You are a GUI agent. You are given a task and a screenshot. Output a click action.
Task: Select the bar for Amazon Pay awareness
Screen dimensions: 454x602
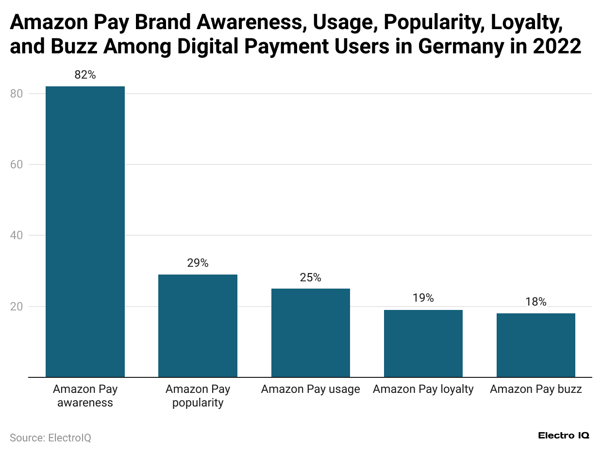85,231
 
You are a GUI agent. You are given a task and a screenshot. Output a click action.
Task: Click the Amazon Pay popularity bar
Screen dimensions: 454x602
198,325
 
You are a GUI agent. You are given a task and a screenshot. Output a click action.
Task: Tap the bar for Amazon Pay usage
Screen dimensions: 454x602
310,333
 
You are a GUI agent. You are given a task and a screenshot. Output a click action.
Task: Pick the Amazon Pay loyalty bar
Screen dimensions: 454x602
423,343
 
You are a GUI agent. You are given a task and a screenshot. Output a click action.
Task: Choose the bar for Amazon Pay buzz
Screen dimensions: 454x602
535,345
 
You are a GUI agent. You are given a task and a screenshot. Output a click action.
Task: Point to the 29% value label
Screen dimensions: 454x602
198,263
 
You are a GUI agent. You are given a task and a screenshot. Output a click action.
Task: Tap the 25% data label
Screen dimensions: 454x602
310,277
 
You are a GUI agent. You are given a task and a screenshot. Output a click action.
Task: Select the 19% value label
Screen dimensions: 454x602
423,298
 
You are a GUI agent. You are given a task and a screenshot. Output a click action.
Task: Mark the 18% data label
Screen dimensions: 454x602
535,302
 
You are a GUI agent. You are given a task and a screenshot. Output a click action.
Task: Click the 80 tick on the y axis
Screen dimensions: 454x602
17,94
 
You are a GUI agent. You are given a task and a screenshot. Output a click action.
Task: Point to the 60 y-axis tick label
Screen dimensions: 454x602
17,164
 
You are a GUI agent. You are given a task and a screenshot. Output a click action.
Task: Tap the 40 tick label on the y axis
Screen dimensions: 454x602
17,235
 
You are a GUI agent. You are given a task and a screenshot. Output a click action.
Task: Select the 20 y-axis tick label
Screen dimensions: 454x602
17,307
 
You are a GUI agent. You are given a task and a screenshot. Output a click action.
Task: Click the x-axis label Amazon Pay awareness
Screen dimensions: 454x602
85,396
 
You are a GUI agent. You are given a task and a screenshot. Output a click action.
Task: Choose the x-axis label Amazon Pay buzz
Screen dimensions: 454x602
535,389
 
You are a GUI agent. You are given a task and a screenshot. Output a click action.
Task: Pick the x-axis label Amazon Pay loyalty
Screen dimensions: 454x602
423,389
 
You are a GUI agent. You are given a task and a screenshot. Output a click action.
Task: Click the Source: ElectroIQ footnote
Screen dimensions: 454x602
50,438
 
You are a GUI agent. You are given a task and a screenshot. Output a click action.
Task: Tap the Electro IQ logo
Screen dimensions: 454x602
564,436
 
